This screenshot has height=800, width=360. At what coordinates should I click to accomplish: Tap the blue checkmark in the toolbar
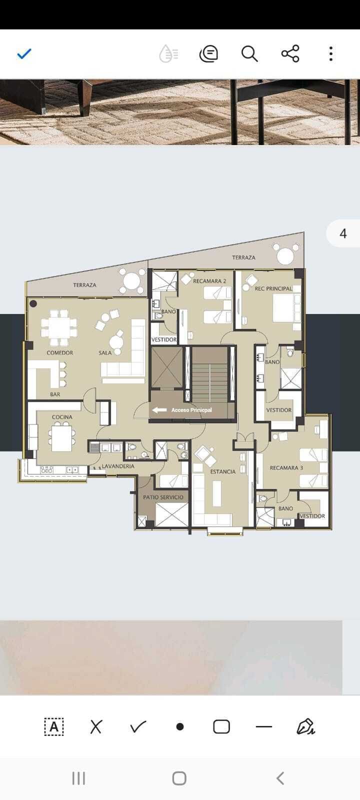click(x=24, y=54)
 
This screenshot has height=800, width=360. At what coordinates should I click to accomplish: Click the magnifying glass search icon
click(x=249, y=54)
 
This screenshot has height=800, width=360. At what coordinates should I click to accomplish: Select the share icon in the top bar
click(x=290, y=54)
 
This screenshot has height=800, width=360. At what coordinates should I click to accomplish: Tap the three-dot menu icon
click(x=331, y=54)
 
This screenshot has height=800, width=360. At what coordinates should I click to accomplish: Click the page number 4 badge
click(x=343, y=233)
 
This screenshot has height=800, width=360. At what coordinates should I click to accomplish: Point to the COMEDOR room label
click(x=59, y=353)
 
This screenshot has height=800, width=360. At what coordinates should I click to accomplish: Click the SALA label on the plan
click(x=105, y=353)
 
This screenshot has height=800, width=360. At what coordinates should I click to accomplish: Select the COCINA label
click(x=62, y=417)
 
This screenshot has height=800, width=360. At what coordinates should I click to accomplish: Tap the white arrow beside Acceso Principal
click(x=159, y=410)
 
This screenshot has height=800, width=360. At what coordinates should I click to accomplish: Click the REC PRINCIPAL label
click(x=273, y=288)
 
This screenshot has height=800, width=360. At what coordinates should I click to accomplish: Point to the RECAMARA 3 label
click(x=286, y=468)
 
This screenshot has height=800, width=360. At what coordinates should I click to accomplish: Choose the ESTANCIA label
click(x=223, y=472)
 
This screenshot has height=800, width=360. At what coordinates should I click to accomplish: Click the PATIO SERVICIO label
click(x=163, y=497)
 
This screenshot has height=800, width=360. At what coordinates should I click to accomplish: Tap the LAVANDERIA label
click(x=118, y=466)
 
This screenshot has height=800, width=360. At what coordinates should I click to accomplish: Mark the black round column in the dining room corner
click(x=33, y=304)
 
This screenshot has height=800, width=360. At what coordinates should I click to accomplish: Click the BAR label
click(x=55, y=394)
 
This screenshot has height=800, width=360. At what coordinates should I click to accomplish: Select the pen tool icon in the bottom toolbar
click(x=305, y=726)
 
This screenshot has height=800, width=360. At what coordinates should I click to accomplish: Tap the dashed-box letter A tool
click(x=54, y=726)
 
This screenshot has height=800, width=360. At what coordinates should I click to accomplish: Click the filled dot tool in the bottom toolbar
click(x=180, y=727)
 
